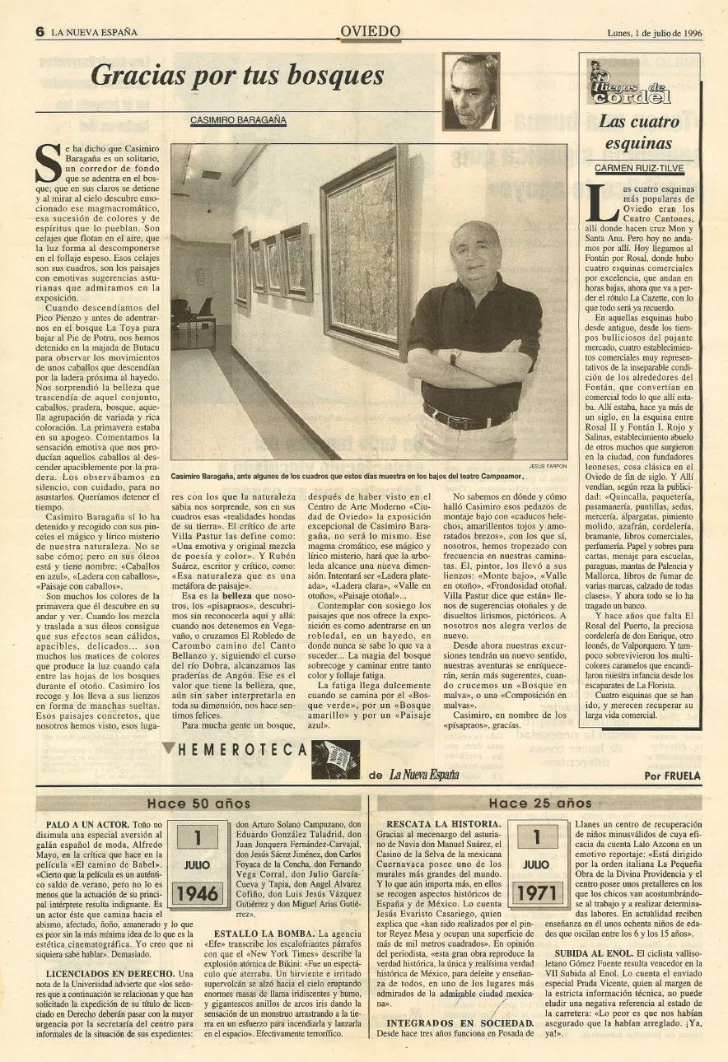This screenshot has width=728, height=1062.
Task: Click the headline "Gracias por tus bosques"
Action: click(237, 77)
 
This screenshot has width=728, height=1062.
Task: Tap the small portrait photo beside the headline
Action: click(470, 92)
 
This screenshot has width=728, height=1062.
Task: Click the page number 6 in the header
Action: click(39, 32)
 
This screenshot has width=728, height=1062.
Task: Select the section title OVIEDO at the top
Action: click(370, 31)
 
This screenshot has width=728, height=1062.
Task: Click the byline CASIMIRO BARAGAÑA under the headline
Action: click(239, 120)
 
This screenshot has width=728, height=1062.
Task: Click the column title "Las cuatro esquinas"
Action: click(639, 133)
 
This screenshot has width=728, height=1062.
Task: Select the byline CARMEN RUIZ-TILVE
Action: click(639, 168)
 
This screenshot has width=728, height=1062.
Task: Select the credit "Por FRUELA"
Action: click(673, 775)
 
